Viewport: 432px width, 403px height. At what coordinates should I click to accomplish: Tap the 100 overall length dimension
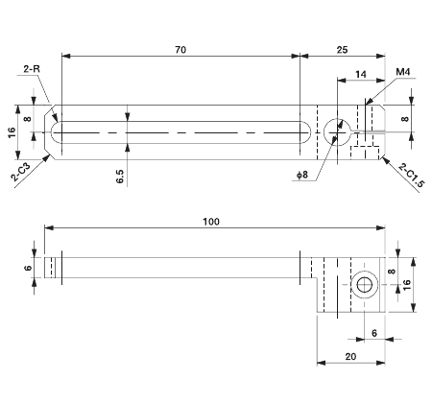pyautogui.click(x=211, y=222)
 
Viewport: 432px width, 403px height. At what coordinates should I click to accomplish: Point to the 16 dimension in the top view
pyautogui.click(x=12, y=131)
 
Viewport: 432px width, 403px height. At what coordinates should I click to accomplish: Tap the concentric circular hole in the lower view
pyautogui.click(x=364, y=284)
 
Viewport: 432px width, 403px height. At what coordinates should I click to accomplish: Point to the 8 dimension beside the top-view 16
pyautogui.click(x=28, y=121)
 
